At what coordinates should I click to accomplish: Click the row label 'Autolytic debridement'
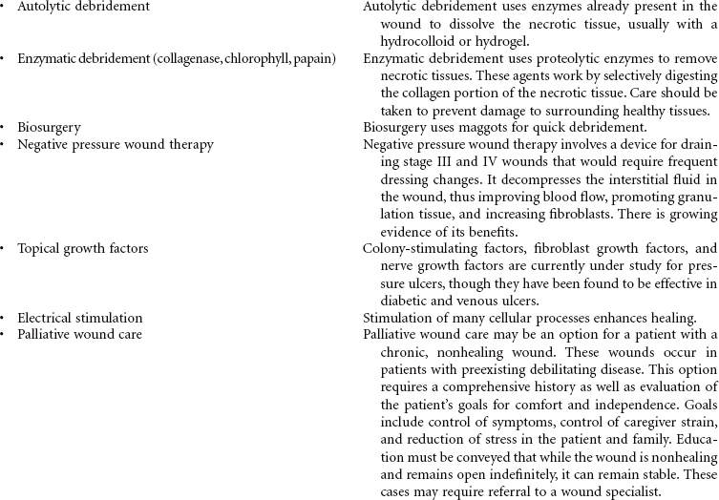pyautogui.click(x=83, y=7)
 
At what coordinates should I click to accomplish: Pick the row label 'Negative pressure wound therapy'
pyautogui.click(x=116, y=144)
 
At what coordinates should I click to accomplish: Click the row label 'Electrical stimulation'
pyautogui.click(x=80, y=318)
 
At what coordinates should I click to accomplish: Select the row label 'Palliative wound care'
pyautogui.click(x=79, y=334)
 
